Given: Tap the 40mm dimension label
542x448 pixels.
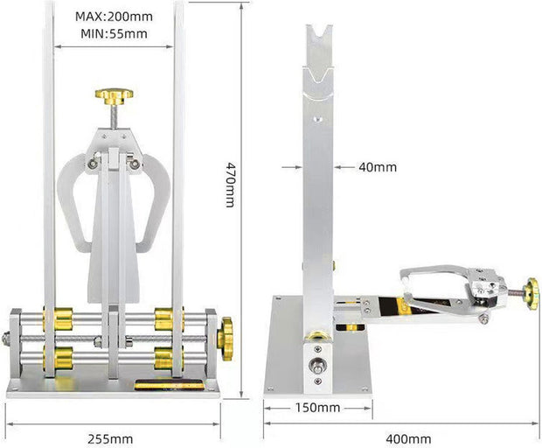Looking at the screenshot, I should pyautogui.click(x=378, y=167).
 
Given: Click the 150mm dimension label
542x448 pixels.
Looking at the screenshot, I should pyautogui.click(x=316, y=408).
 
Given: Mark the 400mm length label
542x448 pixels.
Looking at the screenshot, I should pyautogui.click(x=408, y=438).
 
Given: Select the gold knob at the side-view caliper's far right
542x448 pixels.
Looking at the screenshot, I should pyautogui.click(x=531, y=294).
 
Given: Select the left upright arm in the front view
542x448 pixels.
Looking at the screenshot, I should pyautogui.click(x=50, y=175).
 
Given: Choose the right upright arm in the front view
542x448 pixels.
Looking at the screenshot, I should pyautogui.click(x=178, y=175).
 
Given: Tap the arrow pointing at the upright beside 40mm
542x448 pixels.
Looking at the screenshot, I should pyautogui.click(x=344, y=167).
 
